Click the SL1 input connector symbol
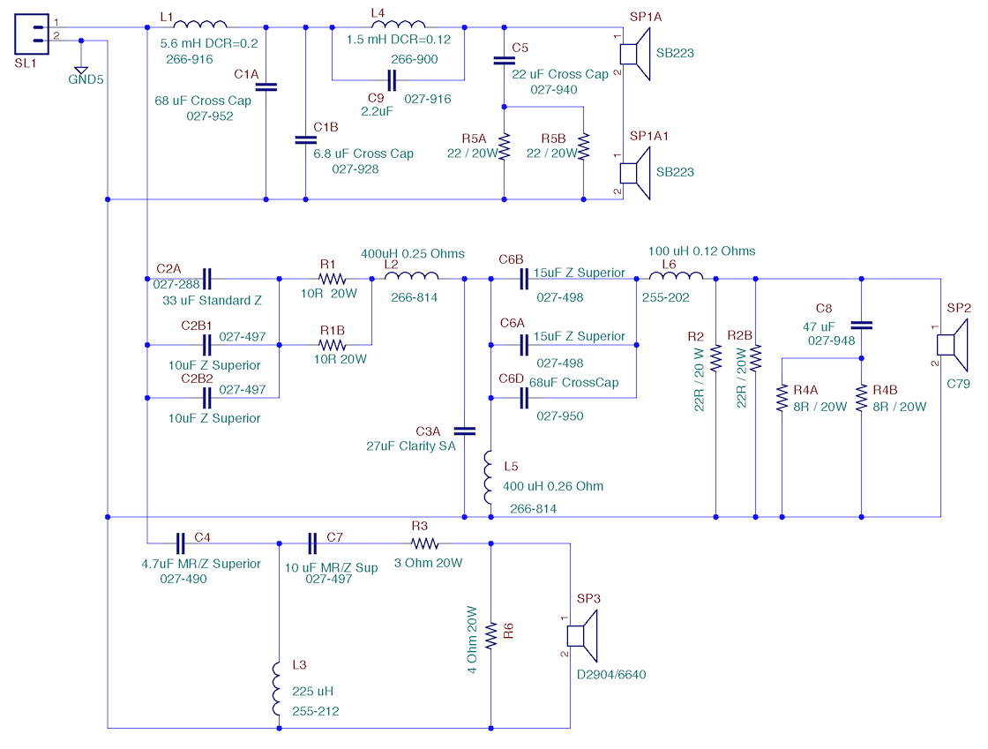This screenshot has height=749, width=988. click(32, 34)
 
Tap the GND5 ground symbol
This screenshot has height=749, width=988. click(80, 70)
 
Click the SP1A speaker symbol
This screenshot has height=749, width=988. click(635, 54)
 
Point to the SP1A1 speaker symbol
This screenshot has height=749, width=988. click(635, 173)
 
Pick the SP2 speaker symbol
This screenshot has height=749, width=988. click(952, 345)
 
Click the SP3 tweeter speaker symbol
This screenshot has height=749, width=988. click(582, 635)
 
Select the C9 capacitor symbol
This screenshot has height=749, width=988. click(392, 80)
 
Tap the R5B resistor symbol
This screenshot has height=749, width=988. click(583, 146)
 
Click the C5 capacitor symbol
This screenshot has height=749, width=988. click(504, 61)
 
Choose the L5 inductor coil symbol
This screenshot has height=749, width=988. click(489, 477)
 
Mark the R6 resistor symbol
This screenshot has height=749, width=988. click(490, 635)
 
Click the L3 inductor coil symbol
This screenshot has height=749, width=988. click(277, 688)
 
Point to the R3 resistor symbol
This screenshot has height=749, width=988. click(424, 543)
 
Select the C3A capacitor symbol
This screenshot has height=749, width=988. click(464, 431)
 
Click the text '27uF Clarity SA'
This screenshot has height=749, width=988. click(411, 446)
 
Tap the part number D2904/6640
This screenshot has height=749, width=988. click(611, 675)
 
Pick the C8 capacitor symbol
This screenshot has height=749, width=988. click(861, 325)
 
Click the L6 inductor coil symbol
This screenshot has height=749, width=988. click(676, 275)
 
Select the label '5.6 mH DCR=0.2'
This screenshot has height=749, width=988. click(209, 43)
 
